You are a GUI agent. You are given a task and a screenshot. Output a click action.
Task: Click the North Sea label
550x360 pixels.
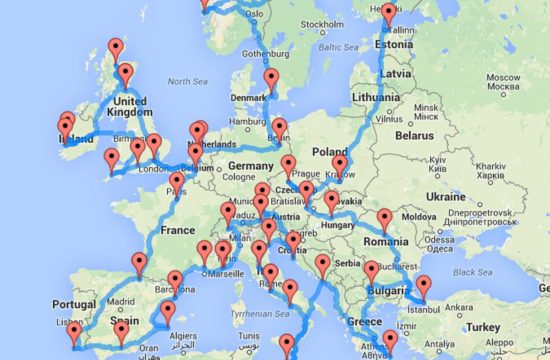pyautogui.click(x=187, y=81)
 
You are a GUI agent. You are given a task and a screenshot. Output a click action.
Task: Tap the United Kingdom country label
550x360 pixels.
pyautogui.click(x=134, y=106)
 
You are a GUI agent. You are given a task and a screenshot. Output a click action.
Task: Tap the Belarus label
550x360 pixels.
pyautogui.click(x=414, y=134)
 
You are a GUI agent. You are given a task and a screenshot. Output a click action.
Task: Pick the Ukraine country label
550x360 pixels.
pyautogui.click(x=447, y=197)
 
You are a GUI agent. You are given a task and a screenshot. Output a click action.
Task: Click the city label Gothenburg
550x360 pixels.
pyautogui.click(x=265, y=53)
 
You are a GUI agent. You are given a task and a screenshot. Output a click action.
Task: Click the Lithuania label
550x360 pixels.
pyautogui.click(x=381, y=99)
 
